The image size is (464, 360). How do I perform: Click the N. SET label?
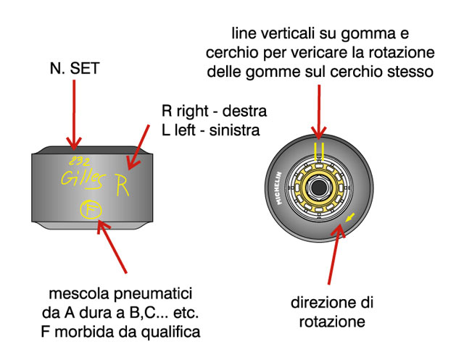pyautogui.click(x=74, y=69)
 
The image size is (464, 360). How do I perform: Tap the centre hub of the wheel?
pyautogui.click(x=318, y=188)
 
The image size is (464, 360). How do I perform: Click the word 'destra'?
pyautogui.click(x=243, y=112)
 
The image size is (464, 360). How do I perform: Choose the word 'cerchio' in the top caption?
pyautogui.click(x=228, y=54)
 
